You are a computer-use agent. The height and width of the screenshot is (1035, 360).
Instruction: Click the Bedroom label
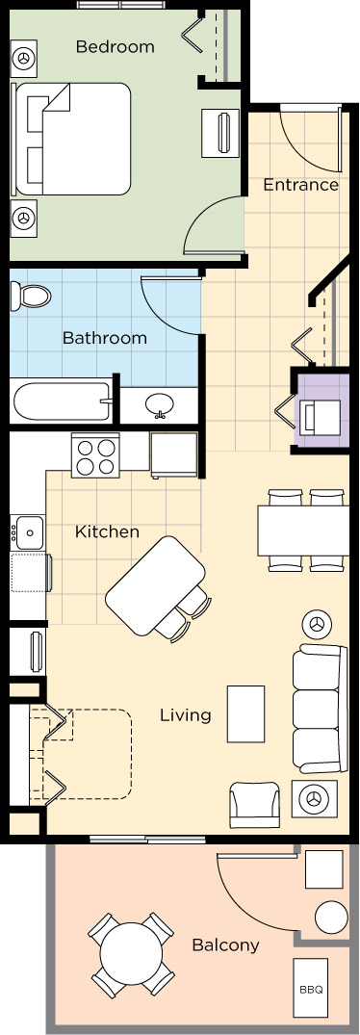point(115,47)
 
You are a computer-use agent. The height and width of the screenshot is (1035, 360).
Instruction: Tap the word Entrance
point(300,185)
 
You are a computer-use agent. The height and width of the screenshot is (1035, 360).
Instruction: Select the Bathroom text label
point(104,338)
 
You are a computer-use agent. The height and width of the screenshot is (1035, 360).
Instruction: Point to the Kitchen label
point(107,531)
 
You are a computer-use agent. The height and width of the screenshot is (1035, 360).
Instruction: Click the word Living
point(185,714)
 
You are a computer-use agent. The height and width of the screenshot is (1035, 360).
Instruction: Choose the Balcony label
point(225,945)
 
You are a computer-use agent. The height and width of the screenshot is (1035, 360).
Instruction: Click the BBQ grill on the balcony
point(311,989)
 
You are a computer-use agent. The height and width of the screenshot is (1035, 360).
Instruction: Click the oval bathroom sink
point(159,402)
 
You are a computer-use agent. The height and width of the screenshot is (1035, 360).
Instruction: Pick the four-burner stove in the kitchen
point(95,455)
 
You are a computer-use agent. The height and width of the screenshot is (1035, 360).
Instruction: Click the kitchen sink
point(29,532)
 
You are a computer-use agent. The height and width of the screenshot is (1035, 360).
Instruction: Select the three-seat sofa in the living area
point(320,709)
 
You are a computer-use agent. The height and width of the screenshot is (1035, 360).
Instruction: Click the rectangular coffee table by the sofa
point(245,713)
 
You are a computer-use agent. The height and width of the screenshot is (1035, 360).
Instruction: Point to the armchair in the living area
point(254,805)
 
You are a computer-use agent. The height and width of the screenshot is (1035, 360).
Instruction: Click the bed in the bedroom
point(72,139)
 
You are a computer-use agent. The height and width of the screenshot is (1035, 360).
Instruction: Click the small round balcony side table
point(331,917)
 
